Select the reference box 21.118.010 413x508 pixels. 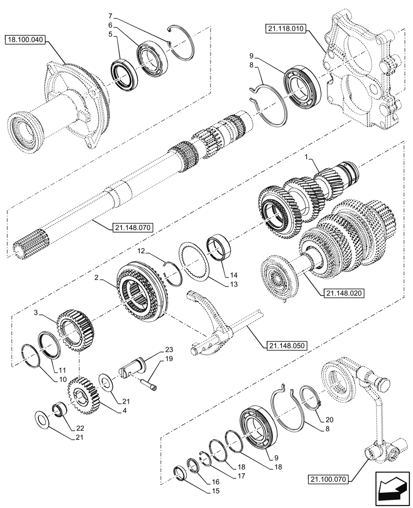284,30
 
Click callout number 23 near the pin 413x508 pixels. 168,350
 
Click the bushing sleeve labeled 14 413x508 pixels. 220,246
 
